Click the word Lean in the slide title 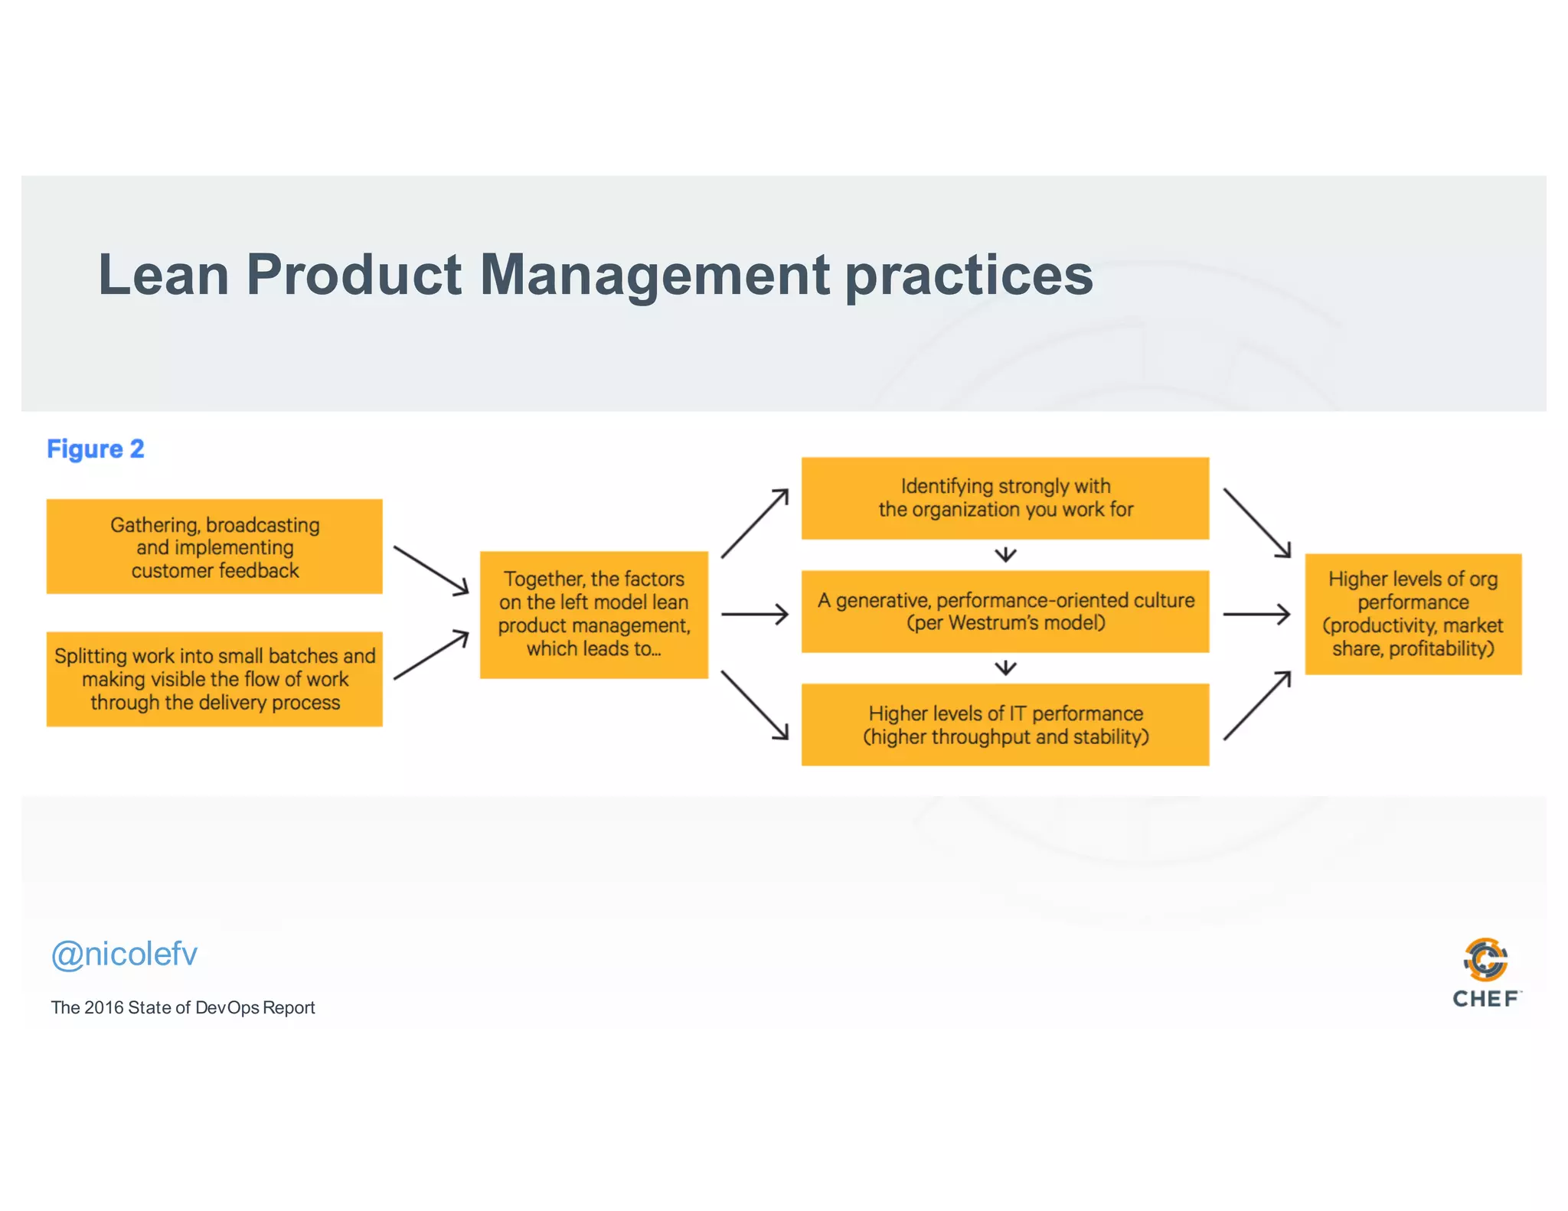(163, 275)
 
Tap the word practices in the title (969, 276)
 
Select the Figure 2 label (96, 449)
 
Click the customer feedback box (214, 547)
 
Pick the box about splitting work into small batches (214, 679)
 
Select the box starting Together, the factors (593, 614)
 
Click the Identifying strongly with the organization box (1004, 498)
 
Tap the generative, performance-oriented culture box (1004, 611)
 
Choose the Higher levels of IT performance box (1004, 724)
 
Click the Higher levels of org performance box (1413, 614)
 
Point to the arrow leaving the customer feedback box (430, 570)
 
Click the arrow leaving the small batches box (430, 654)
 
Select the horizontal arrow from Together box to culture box (754, 614)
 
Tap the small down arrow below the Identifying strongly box (1005, 554)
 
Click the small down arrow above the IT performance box (1005, 668)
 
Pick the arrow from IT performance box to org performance (1257, 705)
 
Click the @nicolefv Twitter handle (124, 955)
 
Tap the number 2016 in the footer (104, 1007)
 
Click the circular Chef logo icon (1485, 959)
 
